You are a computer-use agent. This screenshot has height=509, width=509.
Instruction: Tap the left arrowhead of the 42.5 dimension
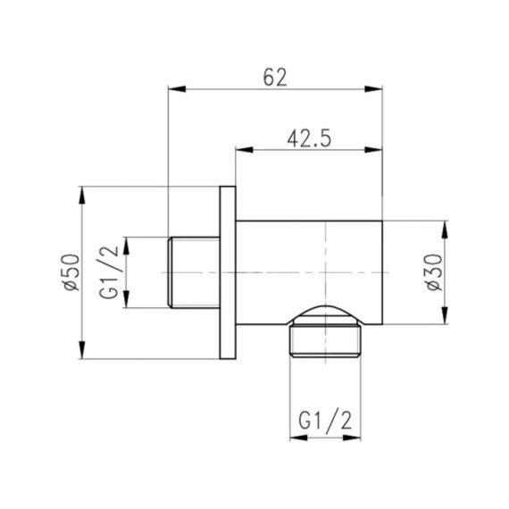point(242,149)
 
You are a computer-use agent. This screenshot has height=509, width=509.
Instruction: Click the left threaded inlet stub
point(193,273)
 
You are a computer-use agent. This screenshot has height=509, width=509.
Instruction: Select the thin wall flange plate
point(227,273)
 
